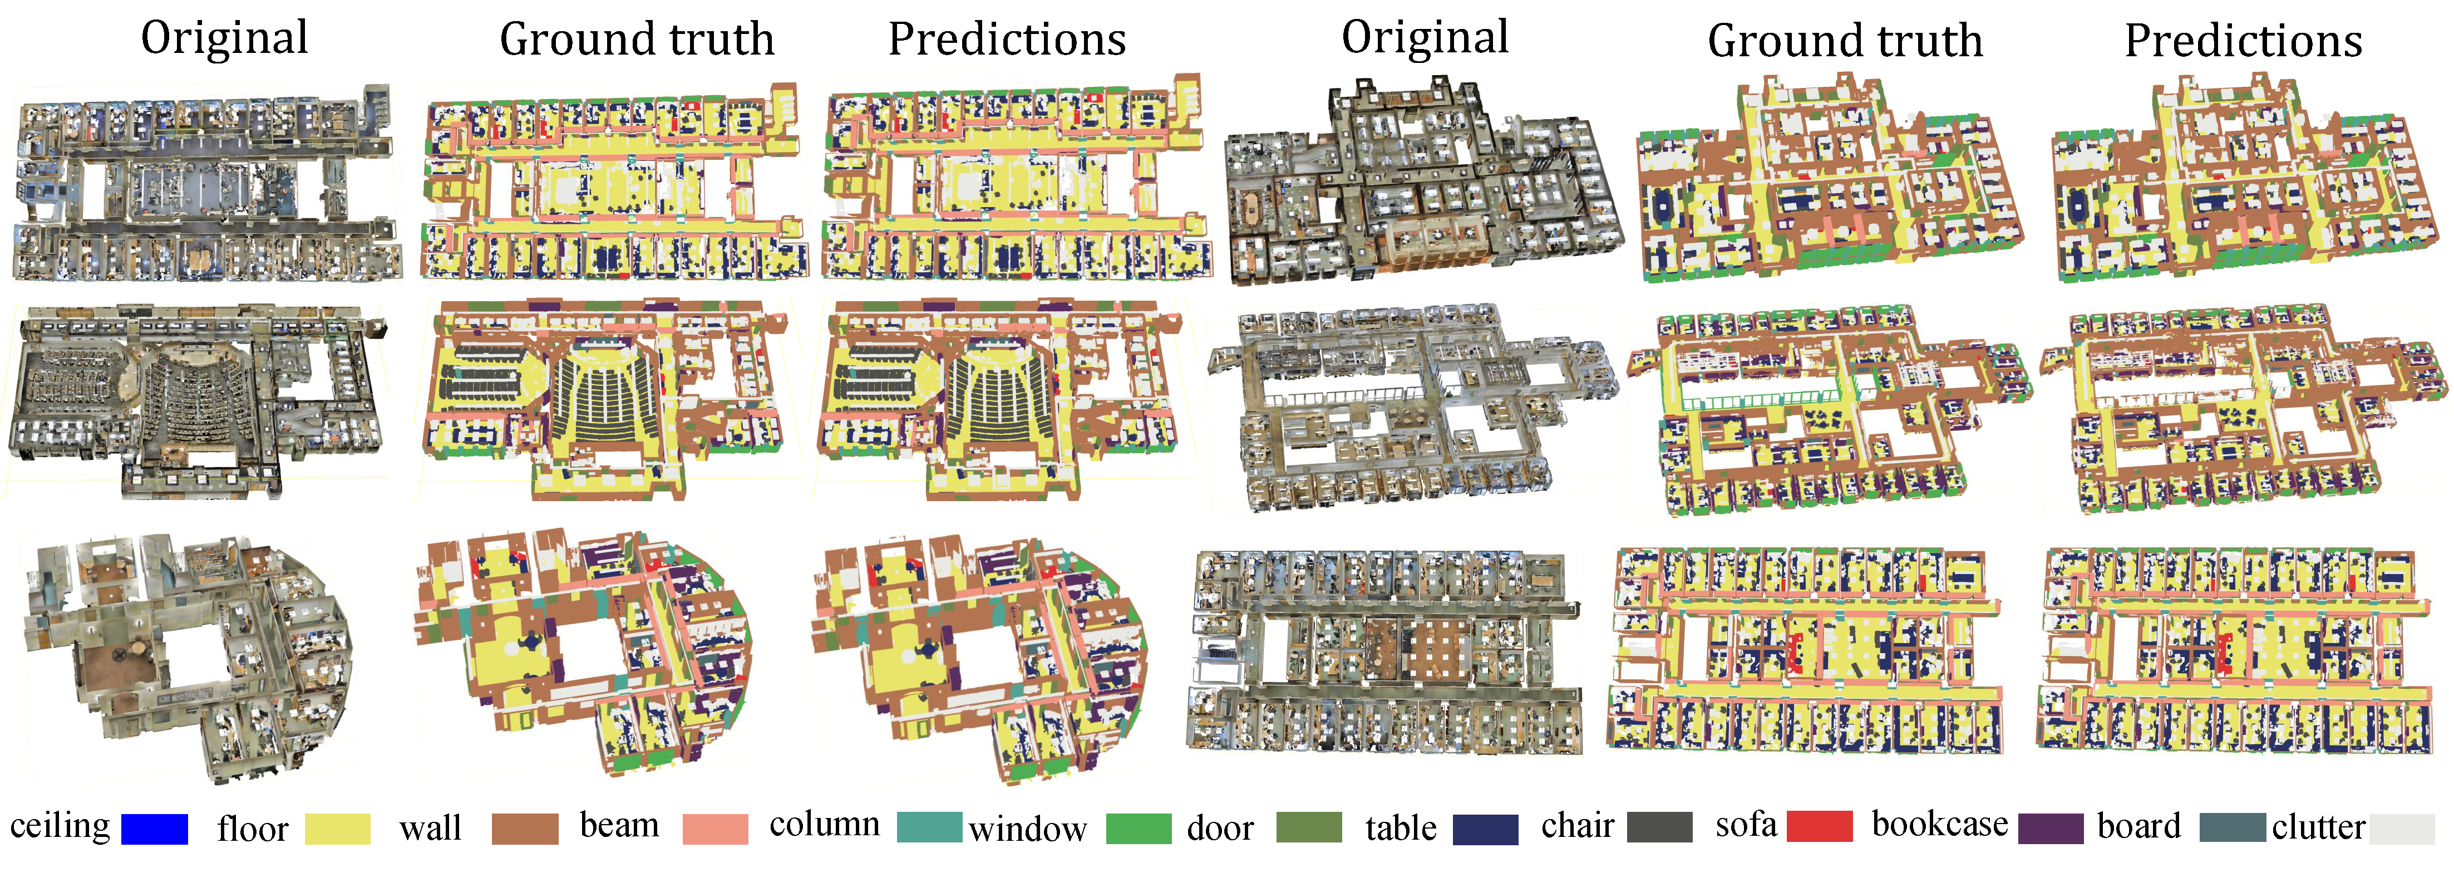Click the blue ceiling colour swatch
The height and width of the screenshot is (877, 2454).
(154, 829)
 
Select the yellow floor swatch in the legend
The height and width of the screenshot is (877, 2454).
(337, 829)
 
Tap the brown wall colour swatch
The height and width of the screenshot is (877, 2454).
(525, 829)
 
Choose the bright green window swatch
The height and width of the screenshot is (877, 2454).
(1139, 829)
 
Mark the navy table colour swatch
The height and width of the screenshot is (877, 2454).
(1485, 829)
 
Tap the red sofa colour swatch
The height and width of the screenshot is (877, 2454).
(1820, 826)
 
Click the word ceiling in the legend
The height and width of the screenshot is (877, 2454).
(60, 826)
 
